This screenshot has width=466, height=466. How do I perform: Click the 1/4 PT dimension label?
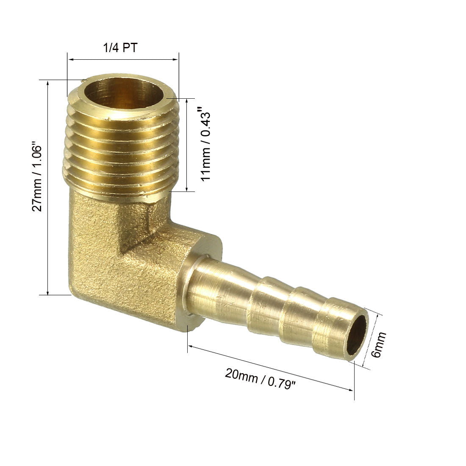pyautogui.click(x=120, y=48)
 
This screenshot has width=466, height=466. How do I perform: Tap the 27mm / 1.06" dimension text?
pyautogui.click(x=37, y=178)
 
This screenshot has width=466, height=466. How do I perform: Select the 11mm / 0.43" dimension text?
pyautogui.click(x=205, y=144)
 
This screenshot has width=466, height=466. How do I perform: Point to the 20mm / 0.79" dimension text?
pyautogui.click(x=261, y=378)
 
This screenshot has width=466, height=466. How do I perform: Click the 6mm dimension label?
pyautogui.click(x=378, y=345)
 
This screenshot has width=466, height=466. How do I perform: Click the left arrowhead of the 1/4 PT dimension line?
pyautogui.click(x=71, y=59)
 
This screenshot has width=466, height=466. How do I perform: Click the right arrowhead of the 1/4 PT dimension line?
pyautogui.click(x=175, y=59)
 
